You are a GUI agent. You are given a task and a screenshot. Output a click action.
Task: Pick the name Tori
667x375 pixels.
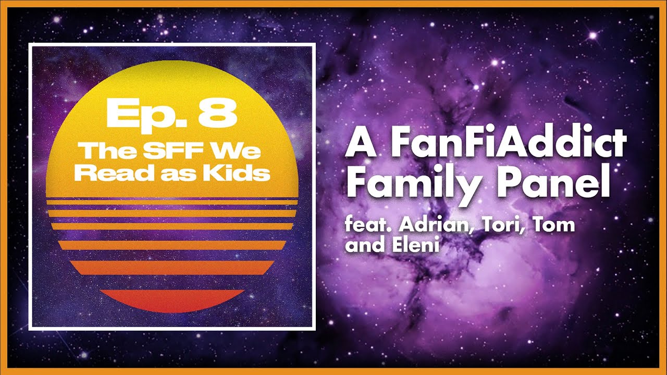point(482,226)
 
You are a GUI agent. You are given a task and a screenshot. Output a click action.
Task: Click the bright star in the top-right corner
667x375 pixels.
point(592,35)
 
